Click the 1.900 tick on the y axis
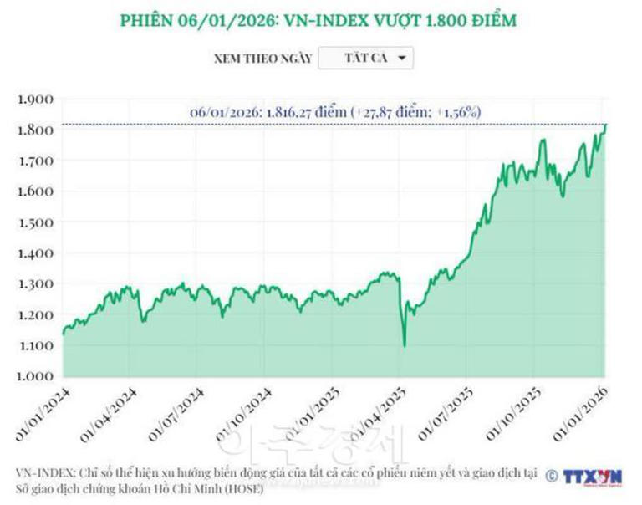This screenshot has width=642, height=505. coord(35,99)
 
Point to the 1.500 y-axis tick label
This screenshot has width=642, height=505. coord(35,222)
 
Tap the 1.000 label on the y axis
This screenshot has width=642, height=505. coord(35,375)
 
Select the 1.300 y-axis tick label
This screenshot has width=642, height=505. coord(35,283)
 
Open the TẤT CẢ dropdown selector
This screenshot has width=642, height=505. coord(366,59)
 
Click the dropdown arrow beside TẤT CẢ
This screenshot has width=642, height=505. coord(402,59)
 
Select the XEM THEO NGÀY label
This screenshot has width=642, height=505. coord(262,59)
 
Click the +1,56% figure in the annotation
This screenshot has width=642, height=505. coord(457,111)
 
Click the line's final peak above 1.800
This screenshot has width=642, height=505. coord(605,125)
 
